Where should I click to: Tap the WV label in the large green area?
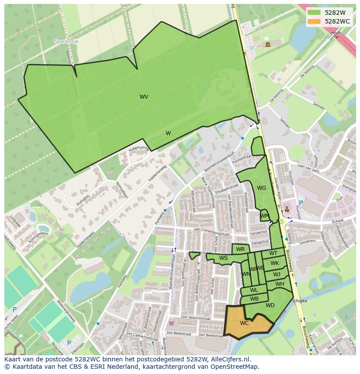[x=144, y=97]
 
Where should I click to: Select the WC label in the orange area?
[x=244, y=323]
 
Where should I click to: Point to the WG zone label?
[x=261, y=188]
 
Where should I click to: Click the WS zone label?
[x=223, y=258]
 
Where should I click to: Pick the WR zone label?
[x=240, y=249]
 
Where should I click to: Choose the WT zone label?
[x=273, y=253]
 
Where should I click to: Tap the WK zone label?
[x=275, y=263]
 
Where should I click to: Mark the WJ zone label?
[x=277, y=274]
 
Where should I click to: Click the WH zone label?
[x=280, y=284]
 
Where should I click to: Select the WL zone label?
[x=254, y=290]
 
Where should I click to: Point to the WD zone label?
[x=270, y=305]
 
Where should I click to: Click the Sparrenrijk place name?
[x=65, y=42]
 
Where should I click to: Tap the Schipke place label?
[x=300, y=301]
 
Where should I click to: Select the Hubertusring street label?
[x=139, y=149]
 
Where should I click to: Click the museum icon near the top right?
[x=267, y=44]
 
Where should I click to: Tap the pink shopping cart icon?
[x=171, y=323]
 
